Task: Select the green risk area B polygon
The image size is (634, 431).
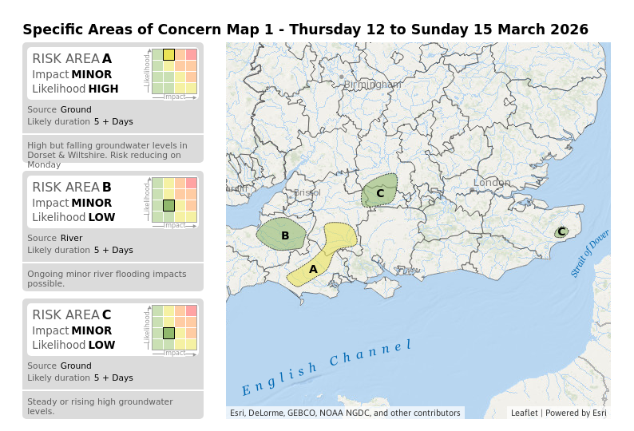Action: [x=281, y=235]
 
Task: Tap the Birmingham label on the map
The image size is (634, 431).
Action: [x=373, y=85]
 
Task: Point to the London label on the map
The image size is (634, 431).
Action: [x=492, y=183]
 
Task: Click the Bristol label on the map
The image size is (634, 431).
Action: [x=307, y=192]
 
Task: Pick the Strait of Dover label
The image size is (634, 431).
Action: [x=590, y=254]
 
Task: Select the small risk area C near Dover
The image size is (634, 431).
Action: [x=561, y=231]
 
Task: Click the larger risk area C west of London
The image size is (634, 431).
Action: [x=379, y=192]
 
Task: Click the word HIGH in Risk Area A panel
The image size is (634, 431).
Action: [x=103, y=89]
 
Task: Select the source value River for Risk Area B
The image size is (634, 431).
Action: [x=71, y=238]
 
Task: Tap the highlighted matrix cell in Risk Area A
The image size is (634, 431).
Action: [x=168, y=54]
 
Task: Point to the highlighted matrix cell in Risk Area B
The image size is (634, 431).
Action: [x=168, y=205]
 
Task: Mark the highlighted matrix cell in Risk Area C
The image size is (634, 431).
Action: [x=168, y=333]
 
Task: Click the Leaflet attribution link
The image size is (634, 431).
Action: [x=525, y=413]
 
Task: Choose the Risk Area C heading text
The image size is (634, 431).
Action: [x=72, y=315]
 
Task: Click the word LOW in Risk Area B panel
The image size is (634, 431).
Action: [x=101, y=217]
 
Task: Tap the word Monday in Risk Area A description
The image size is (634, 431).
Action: [x=44, y=164]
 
